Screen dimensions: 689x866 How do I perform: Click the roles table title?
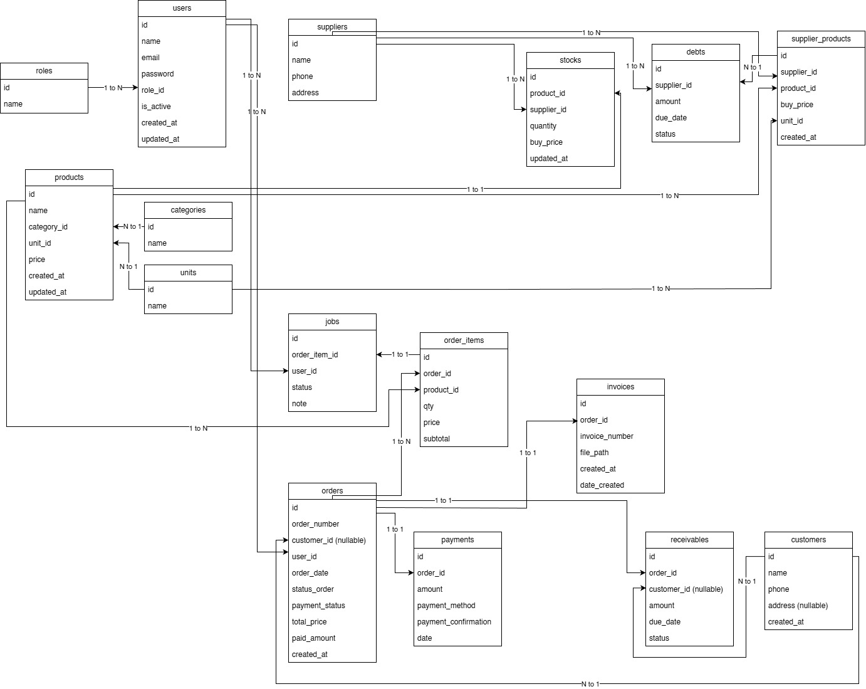coord(44,71)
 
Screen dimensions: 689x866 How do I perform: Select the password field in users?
coord(158,74)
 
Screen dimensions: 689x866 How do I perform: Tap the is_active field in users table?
coord(156,107)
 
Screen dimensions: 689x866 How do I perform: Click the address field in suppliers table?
coord(305,93)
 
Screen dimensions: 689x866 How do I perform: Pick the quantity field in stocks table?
coord(543,126)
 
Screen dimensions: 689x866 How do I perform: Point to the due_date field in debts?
coord(671,118)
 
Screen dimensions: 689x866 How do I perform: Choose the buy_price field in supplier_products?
coord(797,105)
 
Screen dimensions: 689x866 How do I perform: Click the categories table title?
coord(188,210)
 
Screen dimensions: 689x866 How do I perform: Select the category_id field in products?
coord(48,227)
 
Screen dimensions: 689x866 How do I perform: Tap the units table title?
coord(188,273)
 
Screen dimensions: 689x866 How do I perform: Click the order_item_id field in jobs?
coord(315,355)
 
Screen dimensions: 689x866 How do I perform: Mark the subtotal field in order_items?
coord(437,439)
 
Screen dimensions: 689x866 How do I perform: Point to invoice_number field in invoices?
coord(607,436)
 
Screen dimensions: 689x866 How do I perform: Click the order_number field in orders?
coord(315,524)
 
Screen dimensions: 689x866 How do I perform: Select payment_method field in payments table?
coord(446,606)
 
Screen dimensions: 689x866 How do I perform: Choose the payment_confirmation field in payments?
coord(454,622)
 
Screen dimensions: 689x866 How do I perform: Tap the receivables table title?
coord(689,540)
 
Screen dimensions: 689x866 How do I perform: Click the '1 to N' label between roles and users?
coord(113,88)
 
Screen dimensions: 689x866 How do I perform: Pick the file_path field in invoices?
coord(595,453)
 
